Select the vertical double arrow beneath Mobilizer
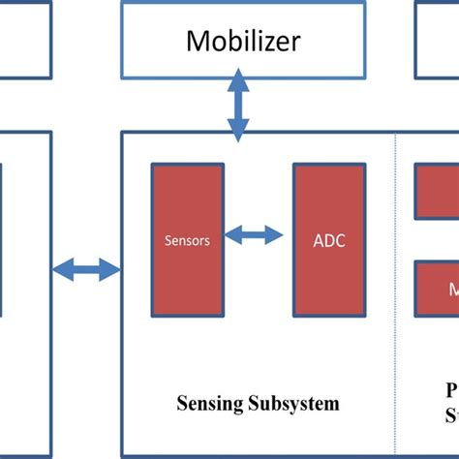(236, 105)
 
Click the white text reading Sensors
(187, 241)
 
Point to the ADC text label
(329, 241)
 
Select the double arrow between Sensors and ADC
(253, 233)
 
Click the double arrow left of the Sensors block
(86, 269)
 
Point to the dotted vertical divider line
(396, 291)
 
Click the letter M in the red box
(452, 290)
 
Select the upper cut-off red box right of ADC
(437, 192)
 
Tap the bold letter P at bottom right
(452, 391)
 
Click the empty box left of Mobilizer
(24, 39)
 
